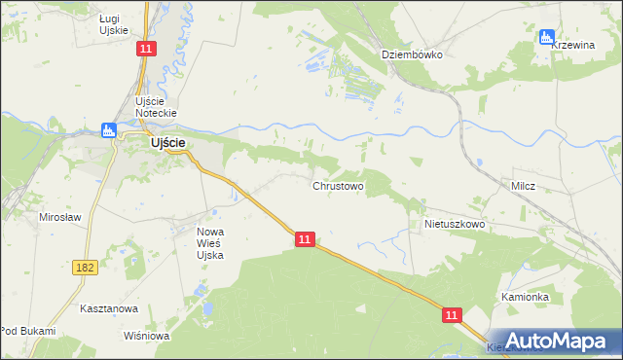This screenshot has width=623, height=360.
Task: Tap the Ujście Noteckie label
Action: [156, 108]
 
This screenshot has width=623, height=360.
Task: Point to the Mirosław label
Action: [58, 217]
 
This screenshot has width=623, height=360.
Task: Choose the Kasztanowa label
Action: [109, 308]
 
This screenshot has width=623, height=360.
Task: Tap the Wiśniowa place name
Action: [147, 337]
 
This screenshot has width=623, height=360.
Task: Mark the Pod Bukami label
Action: [27, 331]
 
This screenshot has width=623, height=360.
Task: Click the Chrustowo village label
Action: [338, 185]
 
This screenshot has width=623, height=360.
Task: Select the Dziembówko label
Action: [412, 54]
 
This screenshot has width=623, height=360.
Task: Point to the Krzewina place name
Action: [573, 45]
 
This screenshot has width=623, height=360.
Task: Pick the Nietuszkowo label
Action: [454, 224]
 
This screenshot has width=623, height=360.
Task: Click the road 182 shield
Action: [85, 266]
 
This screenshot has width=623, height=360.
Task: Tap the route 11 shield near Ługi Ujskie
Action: [146, 48]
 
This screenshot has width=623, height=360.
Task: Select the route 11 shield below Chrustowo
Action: [305, 238]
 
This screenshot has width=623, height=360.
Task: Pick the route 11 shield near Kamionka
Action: [452, 315]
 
